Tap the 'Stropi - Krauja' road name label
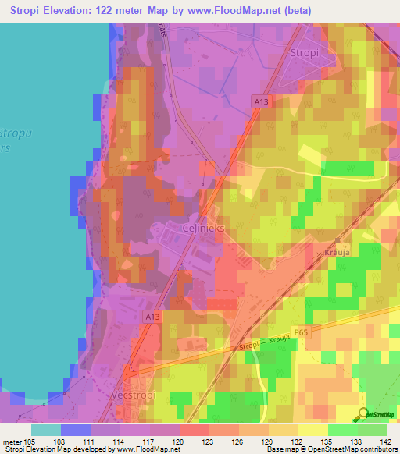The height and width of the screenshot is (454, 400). click(x=266, y=345)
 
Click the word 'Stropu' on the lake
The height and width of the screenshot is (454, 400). click(x=13, y=133)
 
